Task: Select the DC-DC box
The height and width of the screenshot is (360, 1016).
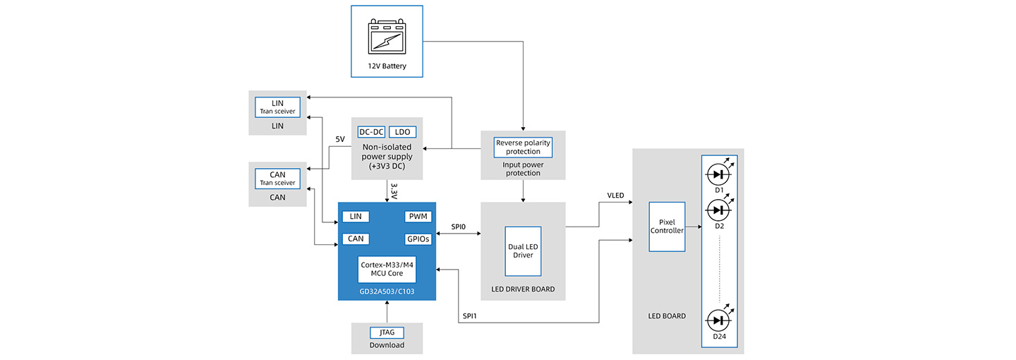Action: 371,132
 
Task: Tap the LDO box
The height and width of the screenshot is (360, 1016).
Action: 402,132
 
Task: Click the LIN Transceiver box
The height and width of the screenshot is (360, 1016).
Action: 277,107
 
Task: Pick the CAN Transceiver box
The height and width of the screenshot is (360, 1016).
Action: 277,179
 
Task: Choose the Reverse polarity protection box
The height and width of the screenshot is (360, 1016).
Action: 523,147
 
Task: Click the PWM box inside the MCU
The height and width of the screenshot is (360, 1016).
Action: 418,217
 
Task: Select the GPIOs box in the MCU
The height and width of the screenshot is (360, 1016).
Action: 418,239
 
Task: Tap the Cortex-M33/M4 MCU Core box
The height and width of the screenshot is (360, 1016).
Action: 387,269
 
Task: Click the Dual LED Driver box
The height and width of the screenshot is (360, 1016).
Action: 523,251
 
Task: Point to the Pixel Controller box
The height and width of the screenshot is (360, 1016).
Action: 667,227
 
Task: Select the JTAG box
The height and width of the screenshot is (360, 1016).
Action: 387,332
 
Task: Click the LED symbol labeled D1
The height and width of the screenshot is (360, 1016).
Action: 719,174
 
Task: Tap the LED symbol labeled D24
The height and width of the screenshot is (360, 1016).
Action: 719,320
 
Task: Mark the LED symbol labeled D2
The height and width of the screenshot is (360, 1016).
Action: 719,210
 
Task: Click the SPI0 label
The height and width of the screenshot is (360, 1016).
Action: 458,227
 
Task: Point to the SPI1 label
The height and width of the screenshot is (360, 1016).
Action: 469,316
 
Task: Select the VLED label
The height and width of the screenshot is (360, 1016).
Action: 615,196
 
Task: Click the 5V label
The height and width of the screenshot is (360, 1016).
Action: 340,139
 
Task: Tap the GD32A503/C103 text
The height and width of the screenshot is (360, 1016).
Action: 387,292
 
